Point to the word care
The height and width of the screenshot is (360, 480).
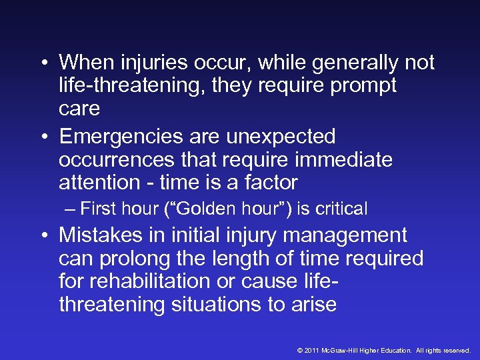click(79, 108)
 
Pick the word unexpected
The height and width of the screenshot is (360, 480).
click(281, 137)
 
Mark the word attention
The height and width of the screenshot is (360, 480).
click(99, 182)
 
